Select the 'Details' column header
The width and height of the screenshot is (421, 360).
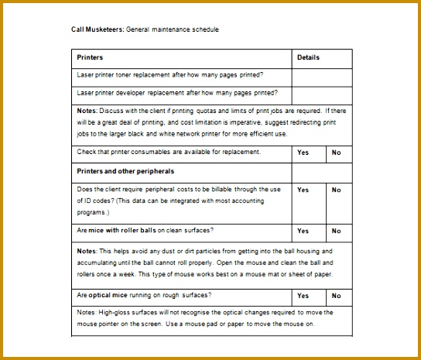(x=308, y=58)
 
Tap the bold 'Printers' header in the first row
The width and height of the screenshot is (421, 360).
(x=90, y=58)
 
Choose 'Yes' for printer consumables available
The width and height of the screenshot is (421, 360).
(x=303, y=153)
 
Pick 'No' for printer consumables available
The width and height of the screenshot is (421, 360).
(x=336, y=153)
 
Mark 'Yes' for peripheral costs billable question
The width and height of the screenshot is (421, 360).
(x=303, y=190)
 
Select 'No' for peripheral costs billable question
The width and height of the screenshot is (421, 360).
(x=336, y=190)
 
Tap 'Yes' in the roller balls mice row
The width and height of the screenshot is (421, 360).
(x=303, y=231)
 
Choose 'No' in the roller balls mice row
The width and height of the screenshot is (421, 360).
(x=336, y=231)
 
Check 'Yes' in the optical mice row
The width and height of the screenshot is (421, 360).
(x=303, y=296)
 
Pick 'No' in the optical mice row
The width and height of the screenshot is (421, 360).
(x=336, y=296)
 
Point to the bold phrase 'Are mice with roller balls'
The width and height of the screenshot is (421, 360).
(x=115, y=230)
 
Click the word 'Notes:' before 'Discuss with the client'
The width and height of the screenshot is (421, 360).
(x=87, y=111)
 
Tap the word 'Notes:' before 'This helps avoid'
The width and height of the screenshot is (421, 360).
(x=87, y=252)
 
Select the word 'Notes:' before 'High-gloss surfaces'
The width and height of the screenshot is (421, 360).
(x=87, y=312)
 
